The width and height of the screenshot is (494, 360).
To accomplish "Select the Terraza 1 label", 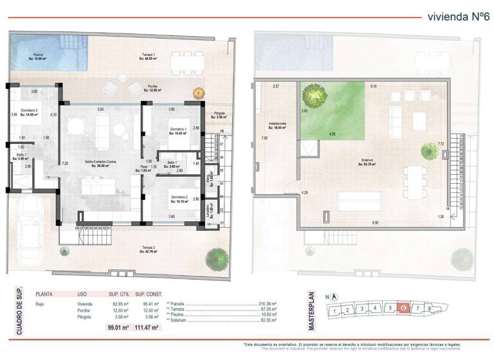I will tap(150, 56).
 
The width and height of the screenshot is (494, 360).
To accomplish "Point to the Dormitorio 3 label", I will tap(30, 112).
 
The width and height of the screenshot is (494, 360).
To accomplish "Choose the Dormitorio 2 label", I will tap(179, 199).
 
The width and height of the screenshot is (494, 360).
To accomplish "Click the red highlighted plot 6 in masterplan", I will tap(403, 309).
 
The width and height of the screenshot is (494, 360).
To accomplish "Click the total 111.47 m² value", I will tap(149, 328).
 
